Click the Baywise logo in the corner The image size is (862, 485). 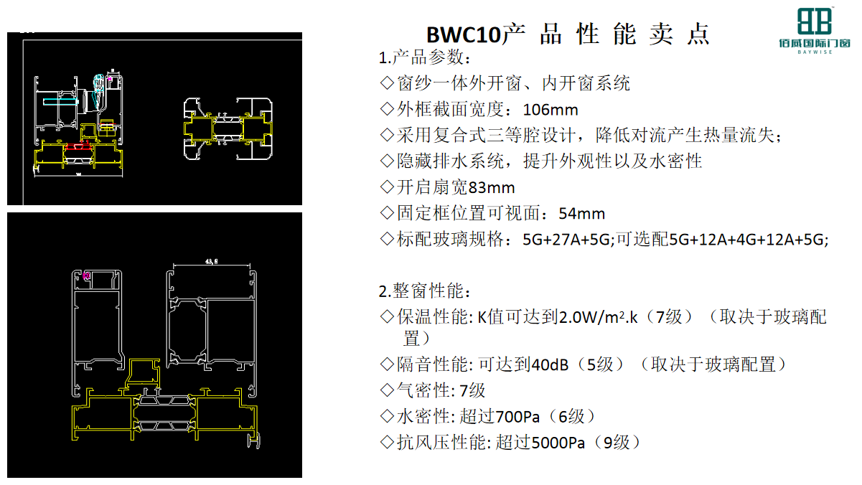[815, 31]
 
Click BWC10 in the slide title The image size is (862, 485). [464, 35]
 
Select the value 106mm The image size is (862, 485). [551, 110]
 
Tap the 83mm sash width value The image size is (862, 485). [492, 188]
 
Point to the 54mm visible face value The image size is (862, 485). [582, 214]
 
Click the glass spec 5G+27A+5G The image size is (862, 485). [566, 240]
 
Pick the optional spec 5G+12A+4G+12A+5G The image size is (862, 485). [747, 240]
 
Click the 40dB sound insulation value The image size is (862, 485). [550, 364]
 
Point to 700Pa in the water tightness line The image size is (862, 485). [517, 417]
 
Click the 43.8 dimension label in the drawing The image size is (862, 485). [211, 262]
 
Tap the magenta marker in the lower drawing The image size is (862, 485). [86, 276]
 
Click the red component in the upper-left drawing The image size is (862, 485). [78, 146]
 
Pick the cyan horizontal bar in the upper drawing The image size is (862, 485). [60, 102]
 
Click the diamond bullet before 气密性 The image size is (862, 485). [387, 390]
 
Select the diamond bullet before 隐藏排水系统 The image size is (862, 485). [387, 161]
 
